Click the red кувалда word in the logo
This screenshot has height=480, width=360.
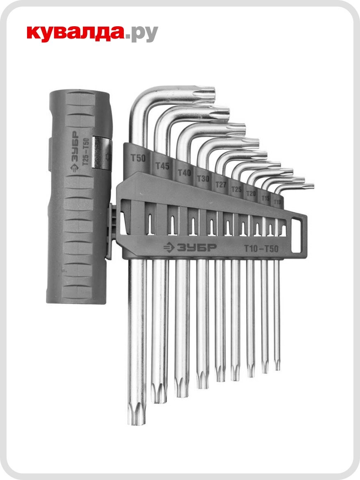[x=75, y=33]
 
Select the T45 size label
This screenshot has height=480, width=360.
[x=163, y=166]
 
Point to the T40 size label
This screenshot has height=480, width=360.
[x=184, y=173]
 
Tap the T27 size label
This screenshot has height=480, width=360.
[x=221, y=185]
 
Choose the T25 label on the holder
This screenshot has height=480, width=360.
[x=236, y=189]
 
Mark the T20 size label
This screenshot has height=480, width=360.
[x=251, y=194]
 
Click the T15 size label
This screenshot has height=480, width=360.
[x=265, y=198]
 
